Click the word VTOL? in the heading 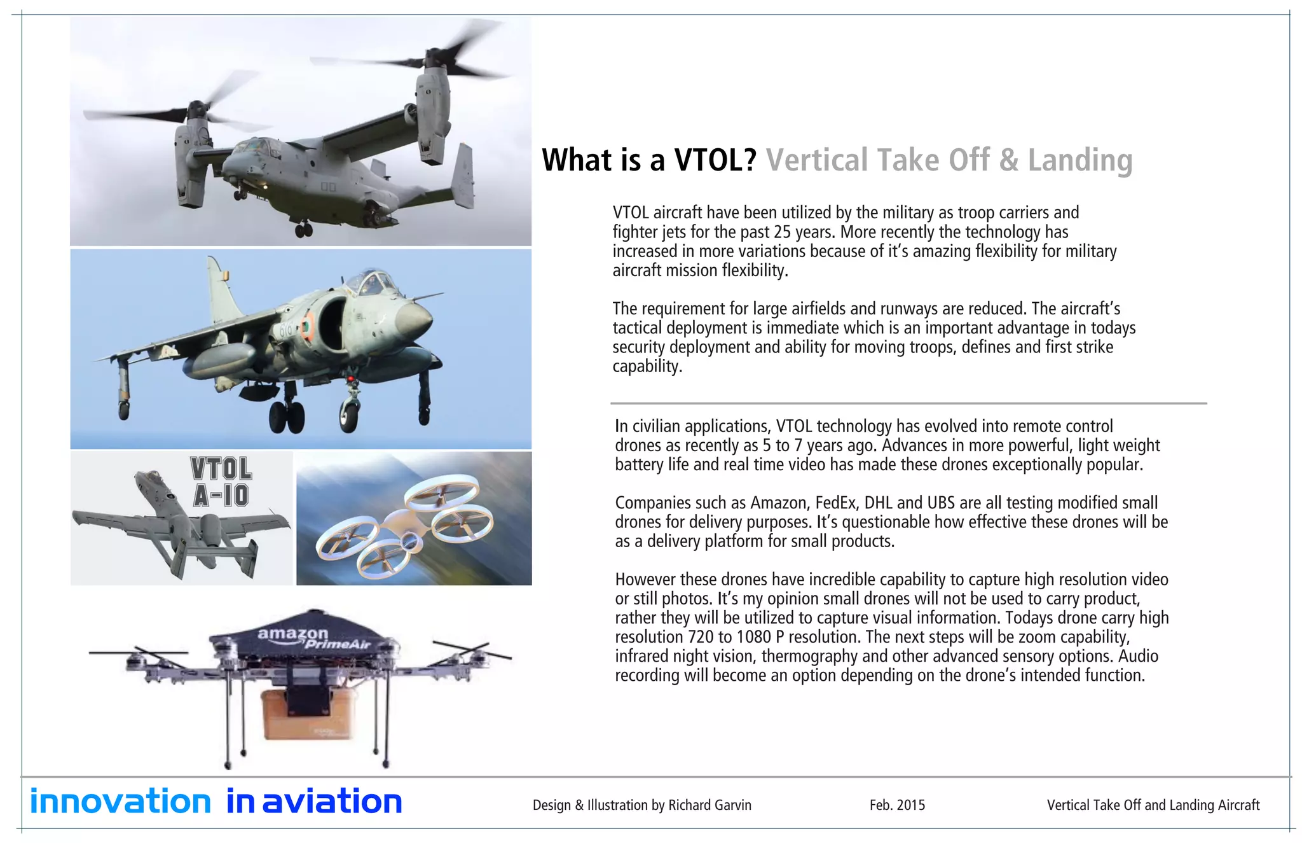[715, 160]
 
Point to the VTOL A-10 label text [221, 482]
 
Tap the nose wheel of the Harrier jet [348, 414]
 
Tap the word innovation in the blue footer [120, 802]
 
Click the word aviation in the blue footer [332, 802]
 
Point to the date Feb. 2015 [897, 805]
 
